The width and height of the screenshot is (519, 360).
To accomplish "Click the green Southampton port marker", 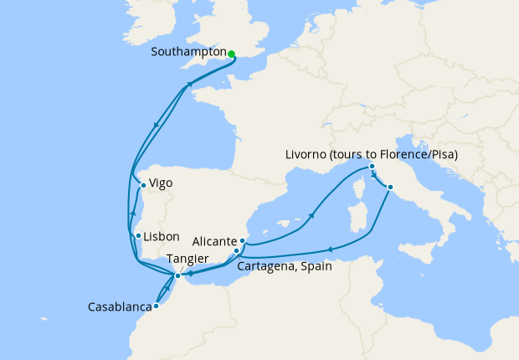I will pos(231,54).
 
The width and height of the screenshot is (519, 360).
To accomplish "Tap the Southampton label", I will pos(188,52).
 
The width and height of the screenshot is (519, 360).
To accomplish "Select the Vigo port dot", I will pos(143,186).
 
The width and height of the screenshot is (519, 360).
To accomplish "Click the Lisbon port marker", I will pos(137,236).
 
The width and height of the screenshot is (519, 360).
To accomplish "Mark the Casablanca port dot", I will pos(156,306).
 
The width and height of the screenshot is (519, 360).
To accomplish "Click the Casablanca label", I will pos(118,307).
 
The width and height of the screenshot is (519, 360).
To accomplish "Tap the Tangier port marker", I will pos(177,275).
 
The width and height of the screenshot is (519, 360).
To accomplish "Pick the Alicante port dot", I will pos(243,240).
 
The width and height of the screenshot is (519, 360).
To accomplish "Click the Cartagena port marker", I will pos(237,250).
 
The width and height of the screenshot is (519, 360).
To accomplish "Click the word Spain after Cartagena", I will pos(315,267).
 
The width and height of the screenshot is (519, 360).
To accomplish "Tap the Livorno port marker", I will pos(371,167).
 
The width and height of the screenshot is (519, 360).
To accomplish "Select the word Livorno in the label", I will pos(308,154).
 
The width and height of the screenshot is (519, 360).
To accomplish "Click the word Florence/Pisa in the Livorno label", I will pos(416,154).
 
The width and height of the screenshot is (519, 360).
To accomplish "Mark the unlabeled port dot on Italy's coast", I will pos(390,186).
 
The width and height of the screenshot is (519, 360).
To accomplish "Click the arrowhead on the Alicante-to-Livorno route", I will pos(311,215).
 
